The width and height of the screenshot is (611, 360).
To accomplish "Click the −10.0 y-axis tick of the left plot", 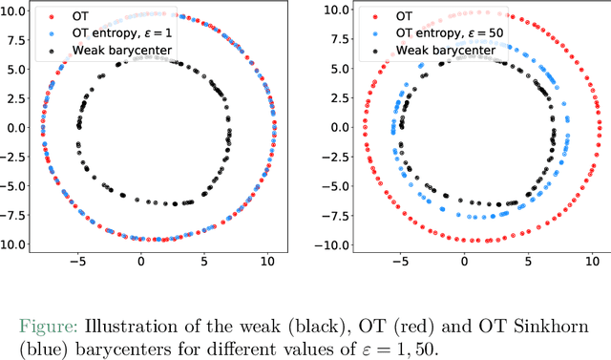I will click(13, 244).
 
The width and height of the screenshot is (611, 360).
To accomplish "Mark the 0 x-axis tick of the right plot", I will click(465, 261).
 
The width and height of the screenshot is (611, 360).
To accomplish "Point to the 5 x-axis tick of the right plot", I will click(528, 261).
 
